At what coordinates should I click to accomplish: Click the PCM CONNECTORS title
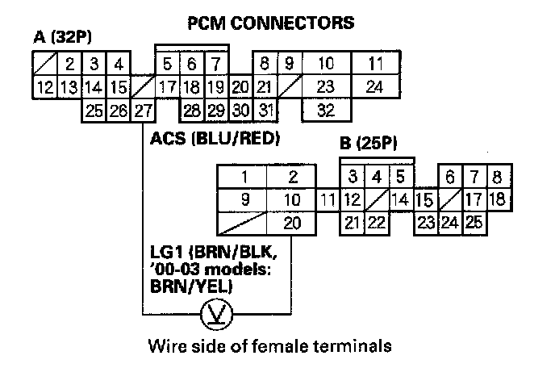pos(269,23)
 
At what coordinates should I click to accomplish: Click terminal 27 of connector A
pos(142,111)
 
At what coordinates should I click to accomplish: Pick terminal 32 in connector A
pos(326,111)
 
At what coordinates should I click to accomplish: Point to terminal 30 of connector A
pos(240,111)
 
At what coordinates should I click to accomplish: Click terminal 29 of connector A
pos(215,111)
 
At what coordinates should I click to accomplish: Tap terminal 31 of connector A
pos(266,111)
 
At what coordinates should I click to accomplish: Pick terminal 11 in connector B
pos(327,199)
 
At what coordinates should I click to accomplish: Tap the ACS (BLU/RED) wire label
pos(215,138)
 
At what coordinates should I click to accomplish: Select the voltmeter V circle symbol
pos(219,314)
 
